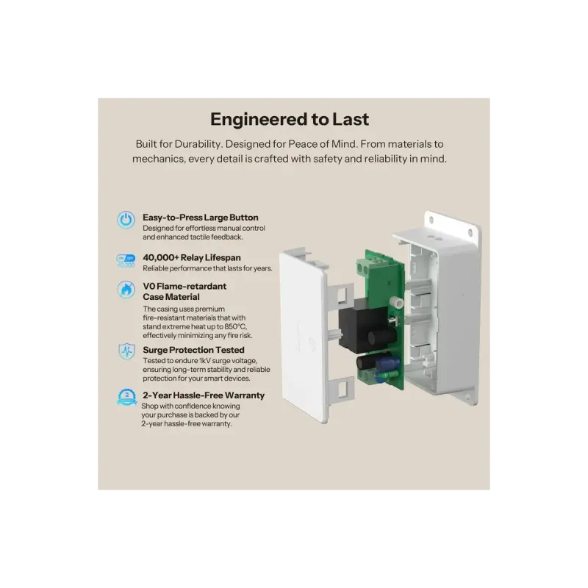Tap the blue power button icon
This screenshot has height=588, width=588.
pos(126,219)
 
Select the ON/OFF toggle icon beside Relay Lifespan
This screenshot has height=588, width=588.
pos(126,260)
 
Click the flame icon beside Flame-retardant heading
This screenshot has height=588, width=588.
pos(126,290)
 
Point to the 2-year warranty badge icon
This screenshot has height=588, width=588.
pos(126,398)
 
